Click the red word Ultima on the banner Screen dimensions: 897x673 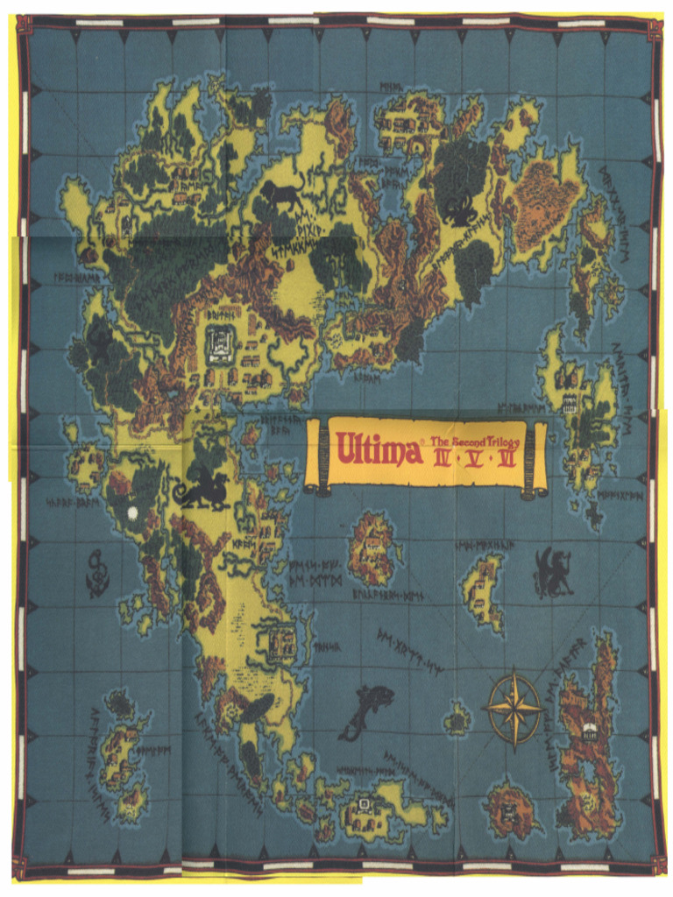377,452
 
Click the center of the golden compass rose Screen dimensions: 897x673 514,708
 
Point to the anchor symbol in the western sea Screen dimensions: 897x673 97,574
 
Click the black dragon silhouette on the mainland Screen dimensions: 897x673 202,491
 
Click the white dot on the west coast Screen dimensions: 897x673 133,512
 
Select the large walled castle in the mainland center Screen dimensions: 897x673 220,344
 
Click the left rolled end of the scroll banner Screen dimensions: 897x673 316,457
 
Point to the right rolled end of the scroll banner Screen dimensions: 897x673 535,459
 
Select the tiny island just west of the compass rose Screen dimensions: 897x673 457,721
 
